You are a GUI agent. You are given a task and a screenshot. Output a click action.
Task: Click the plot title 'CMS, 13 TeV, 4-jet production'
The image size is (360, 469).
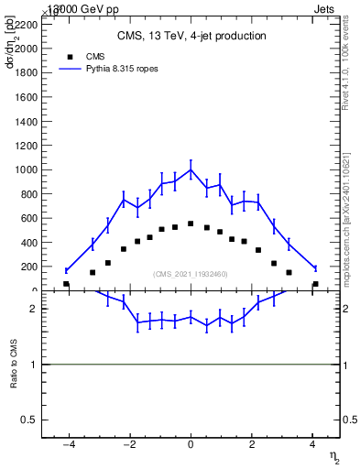click(191, 37)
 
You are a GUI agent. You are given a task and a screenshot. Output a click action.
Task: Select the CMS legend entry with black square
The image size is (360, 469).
click(75, 56)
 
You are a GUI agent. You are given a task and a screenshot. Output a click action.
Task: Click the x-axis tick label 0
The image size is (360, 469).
click(191, 445)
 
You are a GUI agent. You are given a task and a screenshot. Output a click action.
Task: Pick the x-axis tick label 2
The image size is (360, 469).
click(252, 445)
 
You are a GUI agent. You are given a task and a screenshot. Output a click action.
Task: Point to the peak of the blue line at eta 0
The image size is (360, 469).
click(191, 169)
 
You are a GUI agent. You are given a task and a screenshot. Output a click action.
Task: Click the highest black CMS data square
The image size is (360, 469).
click(191, 224)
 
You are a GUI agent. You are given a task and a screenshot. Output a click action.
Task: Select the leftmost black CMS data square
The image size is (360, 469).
click(66, 284)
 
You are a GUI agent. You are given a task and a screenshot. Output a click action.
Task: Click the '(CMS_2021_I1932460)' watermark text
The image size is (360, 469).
click(191, 274)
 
